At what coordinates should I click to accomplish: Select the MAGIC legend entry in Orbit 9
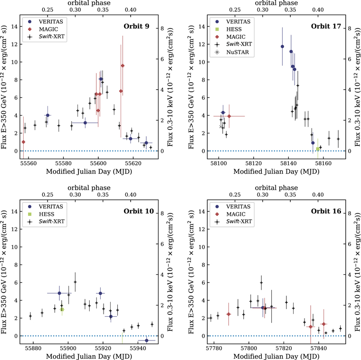point(44,29)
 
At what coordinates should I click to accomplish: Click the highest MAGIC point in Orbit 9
point(123,66)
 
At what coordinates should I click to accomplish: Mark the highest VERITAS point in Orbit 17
point(282,47)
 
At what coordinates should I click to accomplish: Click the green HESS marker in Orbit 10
point(62,310)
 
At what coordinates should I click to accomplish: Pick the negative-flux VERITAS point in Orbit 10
point(147,341)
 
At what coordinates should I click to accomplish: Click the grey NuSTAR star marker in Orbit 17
point(221,126)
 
